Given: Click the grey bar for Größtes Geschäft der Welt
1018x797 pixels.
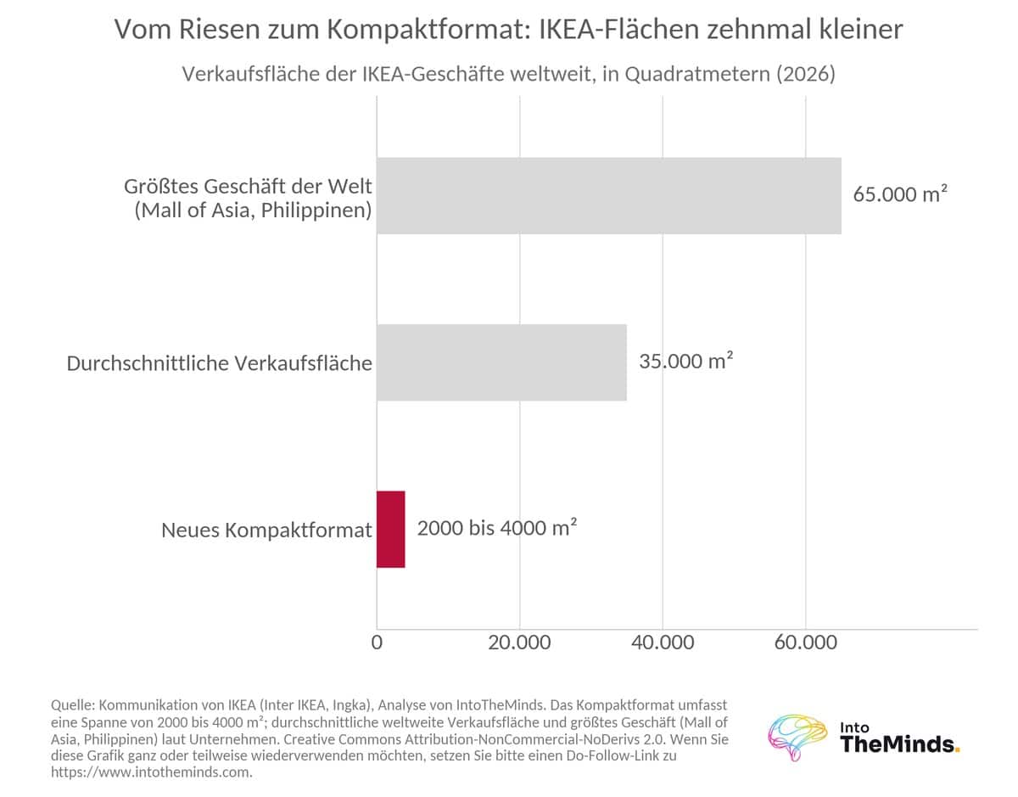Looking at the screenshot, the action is [x=608, y=195].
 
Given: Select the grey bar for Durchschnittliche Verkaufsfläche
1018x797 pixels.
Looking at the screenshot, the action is [x=501, y=362].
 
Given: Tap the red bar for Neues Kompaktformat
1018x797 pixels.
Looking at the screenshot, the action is [x=391, y=529].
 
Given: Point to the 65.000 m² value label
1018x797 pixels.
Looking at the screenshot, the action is [x=900, y=194].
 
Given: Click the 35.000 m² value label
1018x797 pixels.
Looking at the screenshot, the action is [x=685, y=361].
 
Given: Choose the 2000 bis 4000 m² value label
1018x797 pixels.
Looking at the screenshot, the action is [x=497, y=528].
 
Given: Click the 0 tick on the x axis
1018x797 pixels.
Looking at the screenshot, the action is [x=377, y=643].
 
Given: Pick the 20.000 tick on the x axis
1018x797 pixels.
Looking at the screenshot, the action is [x=519, y=643].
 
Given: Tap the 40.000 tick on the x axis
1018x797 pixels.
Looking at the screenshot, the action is [x=663, y=643].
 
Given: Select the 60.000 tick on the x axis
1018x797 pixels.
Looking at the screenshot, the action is [x=806, y=643].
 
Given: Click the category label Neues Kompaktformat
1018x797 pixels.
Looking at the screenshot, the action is [x=266, y=530].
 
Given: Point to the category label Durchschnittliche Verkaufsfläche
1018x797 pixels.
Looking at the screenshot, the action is [x=219, y=363].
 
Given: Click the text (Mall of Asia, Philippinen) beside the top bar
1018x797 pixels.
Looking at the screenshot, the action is [x=253, y=210].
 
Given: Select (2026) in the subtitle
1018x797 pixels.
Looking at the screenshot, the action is [x=806, y=74].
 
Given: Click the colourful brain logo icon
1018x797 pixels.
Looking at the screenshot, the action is [x=797, y=737].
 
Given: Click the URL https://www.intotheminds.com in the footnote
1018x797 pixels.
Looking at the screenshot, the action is [x=150, y=772].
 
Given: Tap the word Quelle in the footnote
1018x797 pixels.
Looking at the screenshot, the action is [x=73, y=705].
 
